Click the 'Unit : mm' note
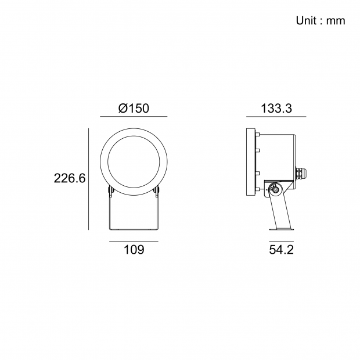321,21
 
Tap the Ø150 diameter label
134,108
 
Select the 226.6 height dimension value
70,178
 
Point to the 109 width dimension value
134,250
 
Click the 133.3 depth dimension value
276,108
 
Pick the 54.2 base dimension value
281,250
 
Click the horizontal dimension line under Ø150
134,116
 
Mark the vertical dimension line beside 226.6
88,179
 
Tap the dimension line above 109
134,241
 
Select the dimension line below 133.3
276,116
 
